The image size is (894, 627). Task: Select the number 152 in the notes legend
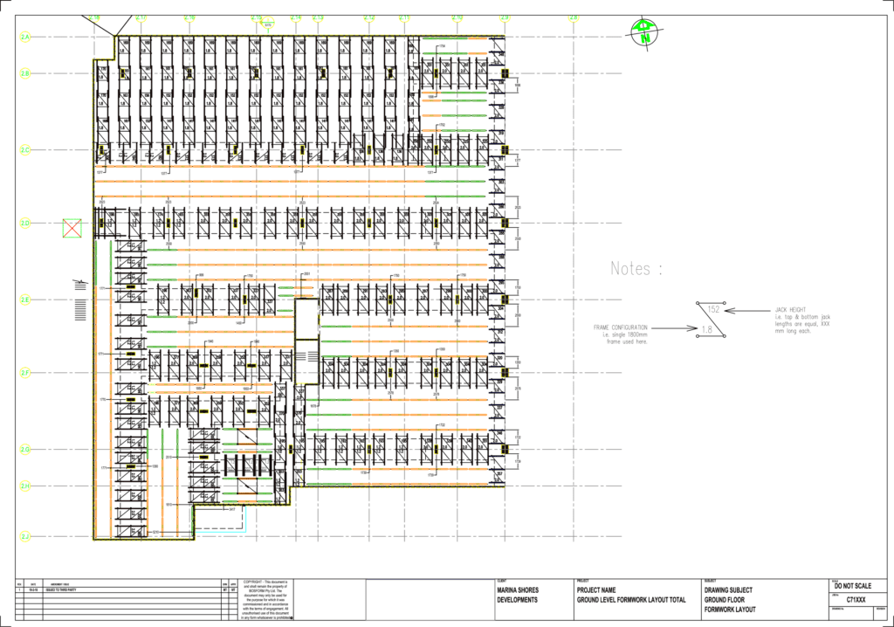coord(713,310)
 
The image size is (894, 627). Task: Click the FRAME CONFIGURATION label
coord(620,327)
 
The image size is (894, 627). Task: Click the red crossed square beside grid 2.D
coord(71,229)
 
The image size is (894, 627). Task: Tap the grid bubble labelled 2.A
coord(25,38)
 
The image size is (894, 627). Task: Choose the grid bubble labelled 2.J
coord(25,535)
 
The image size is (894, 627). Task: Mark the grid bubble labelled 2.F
coord(25,373)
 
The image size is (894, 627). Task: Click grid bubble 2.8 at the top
coord(574,17)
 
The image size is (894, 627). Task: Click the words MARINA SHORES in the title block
coord(518,590)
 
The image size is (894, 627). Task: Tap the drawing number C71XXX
coord(855,601)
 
